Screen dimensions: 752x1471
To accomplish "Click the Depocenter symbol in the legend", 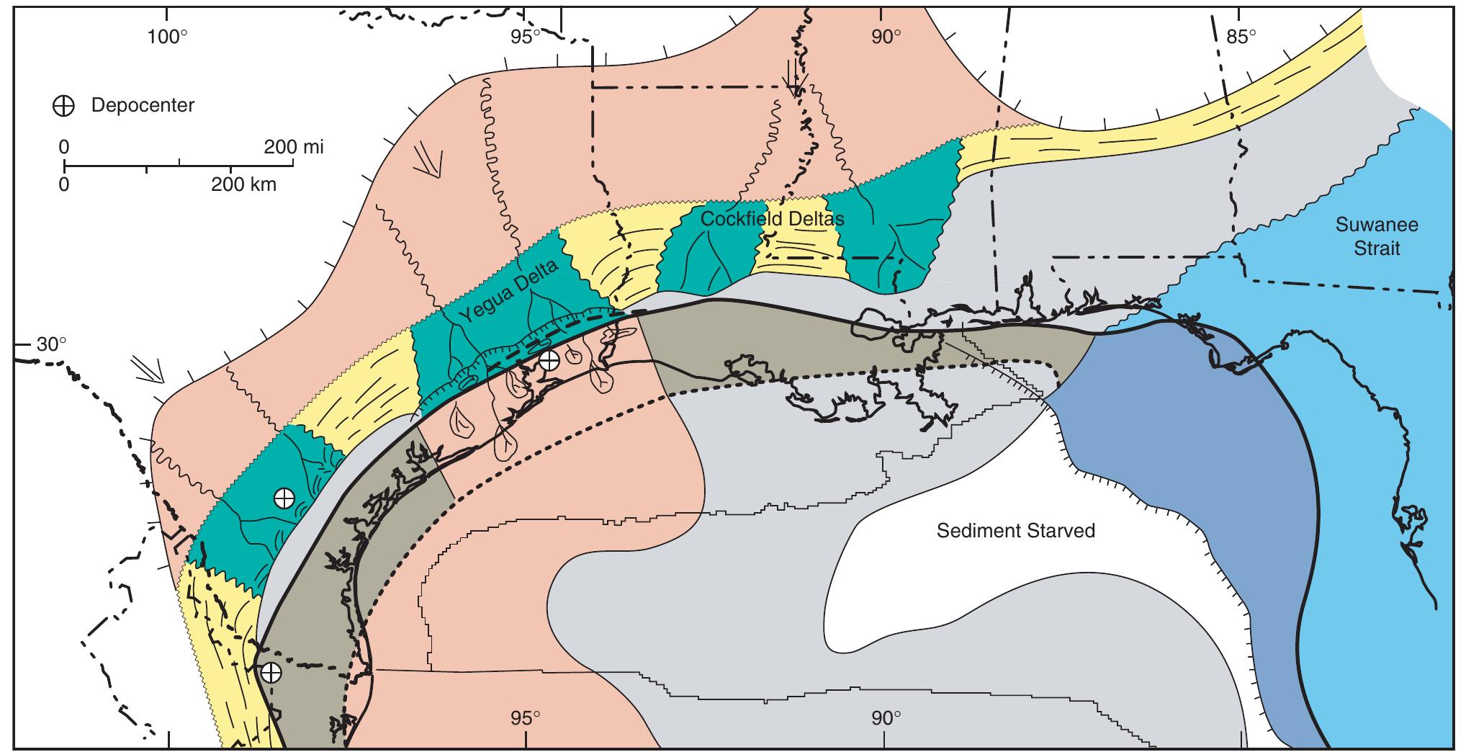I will point(63,106).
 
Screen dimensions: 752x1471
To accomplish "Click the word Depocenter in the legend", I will point(143,106).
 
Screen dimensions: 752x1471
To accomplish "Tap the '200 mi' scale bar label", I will point(294,148).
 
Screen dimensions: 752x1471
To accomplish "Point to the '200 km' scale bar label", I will point(243,185).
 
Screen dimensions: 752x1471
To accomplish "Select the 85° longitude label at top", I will point(1241,36).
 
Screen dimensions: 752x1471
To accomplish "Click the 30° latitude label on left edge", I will point(51,344).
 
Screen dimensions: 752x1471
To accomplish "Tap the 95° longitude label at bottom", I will point(526,718).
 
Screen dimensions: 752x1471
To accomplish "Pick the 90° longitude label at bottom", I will point(884,718).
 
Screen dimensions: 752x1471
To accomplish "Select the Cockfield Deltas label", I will point(772,218).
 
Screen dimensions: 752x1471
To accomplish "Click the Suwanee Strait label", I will point(1376,236).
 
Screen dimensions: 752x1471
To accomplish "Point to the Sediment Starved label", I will point(1015,531).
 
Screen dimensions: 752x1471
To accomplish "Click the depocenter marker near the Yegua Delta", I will point(549,361).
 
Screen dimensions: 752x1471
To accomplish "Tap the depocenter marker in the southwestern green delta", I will point(284,498).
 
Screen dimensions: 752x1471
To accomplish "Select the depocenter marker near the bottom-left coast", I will point(271,673).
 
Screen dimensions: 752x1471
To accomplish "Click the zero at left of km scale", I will point(64,185).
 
